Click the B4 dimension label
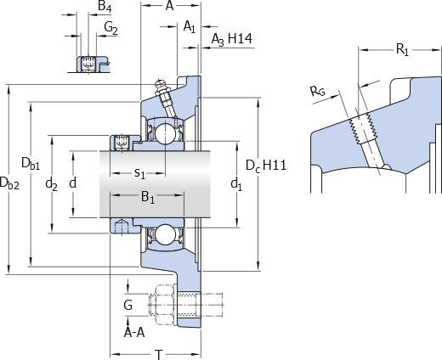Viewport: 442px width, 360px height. tap(105, 7)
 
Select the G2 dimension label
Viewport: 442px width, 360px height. tap(110, 28)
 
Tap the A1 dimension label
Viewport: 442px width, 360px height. tap(190, 27)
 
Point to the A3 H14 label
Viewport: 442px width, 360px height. tap(232, 39)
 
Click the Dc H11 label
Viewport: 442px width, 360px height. tap(266, 166)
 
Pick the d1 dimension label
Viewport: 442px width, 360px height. tap(236, 184)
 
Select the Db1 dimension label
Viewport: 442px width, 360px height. tap(31, 164)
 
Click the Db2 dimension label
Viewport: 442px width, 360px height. tap(9, 183)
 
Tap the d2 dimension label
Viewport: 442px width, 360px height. tap(51, 184)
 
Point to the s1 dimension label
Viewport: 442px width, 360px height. tap(139, 173)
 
